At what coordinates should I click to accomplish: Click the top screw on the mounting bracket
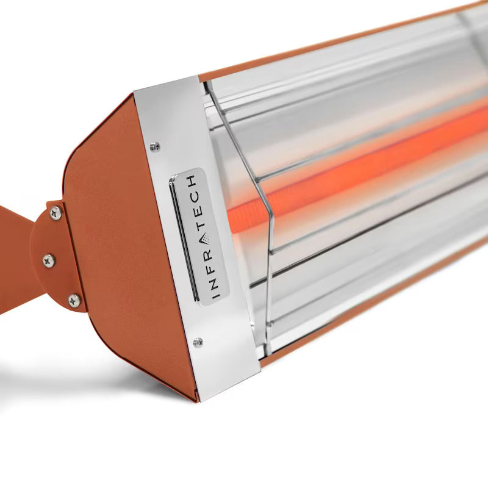click(56, 213)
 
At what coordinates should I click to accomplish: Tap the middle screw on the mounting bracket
click(49, 260)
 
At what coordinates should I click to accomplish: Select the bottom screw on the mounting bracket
click(74, 300)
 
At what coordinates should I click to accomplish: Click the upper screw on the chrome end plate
click(155, 146)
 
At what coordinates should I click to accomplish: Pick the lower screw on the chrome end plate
click(198, 343)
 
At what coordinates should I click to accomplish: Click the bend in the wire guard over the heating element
click(269, 213)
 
